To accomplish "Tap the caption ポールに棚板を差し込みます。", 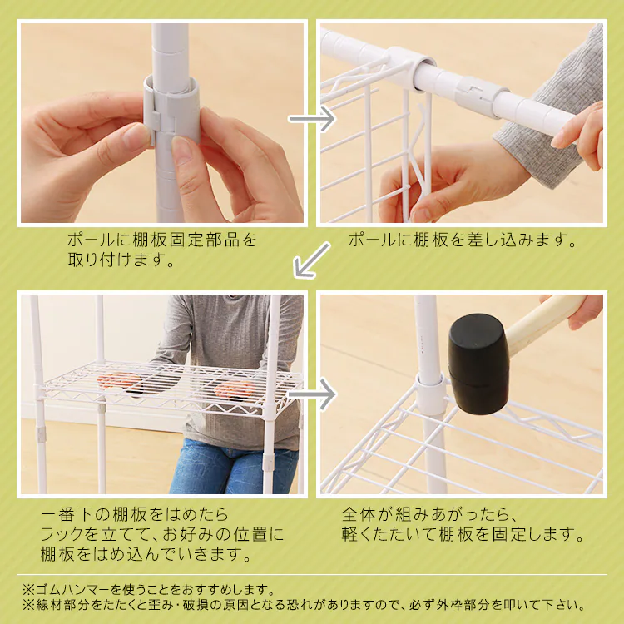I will coord(463,240).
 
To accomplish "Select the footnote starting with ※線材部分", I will coord(305,606).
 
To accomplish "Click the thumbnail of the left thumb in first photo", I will coord(133,136).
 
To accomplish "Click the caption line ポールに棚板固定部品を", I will coord(162,240).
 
